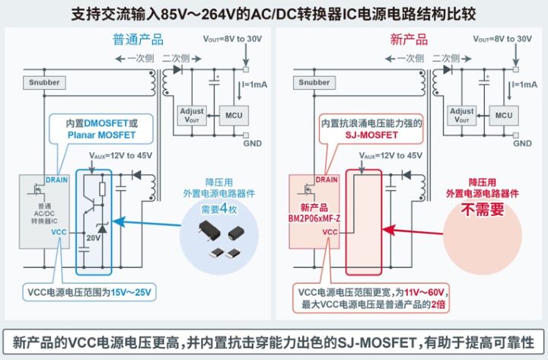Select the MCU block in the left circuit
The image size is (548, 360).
tap(232, 115)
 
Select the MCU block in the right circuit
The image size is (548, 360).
tap(501, 115)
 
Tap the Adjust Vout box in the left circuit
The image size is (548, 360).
tap(191, 115)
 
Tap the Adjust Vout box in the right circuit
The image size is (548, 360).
tap(461, 115)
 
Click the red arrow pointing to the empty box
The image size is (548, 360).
tap(415, 228)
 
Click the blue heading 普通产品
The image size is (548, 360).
tap(139, 40)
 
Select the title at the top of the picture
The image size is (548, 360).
tap(274, 13)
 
